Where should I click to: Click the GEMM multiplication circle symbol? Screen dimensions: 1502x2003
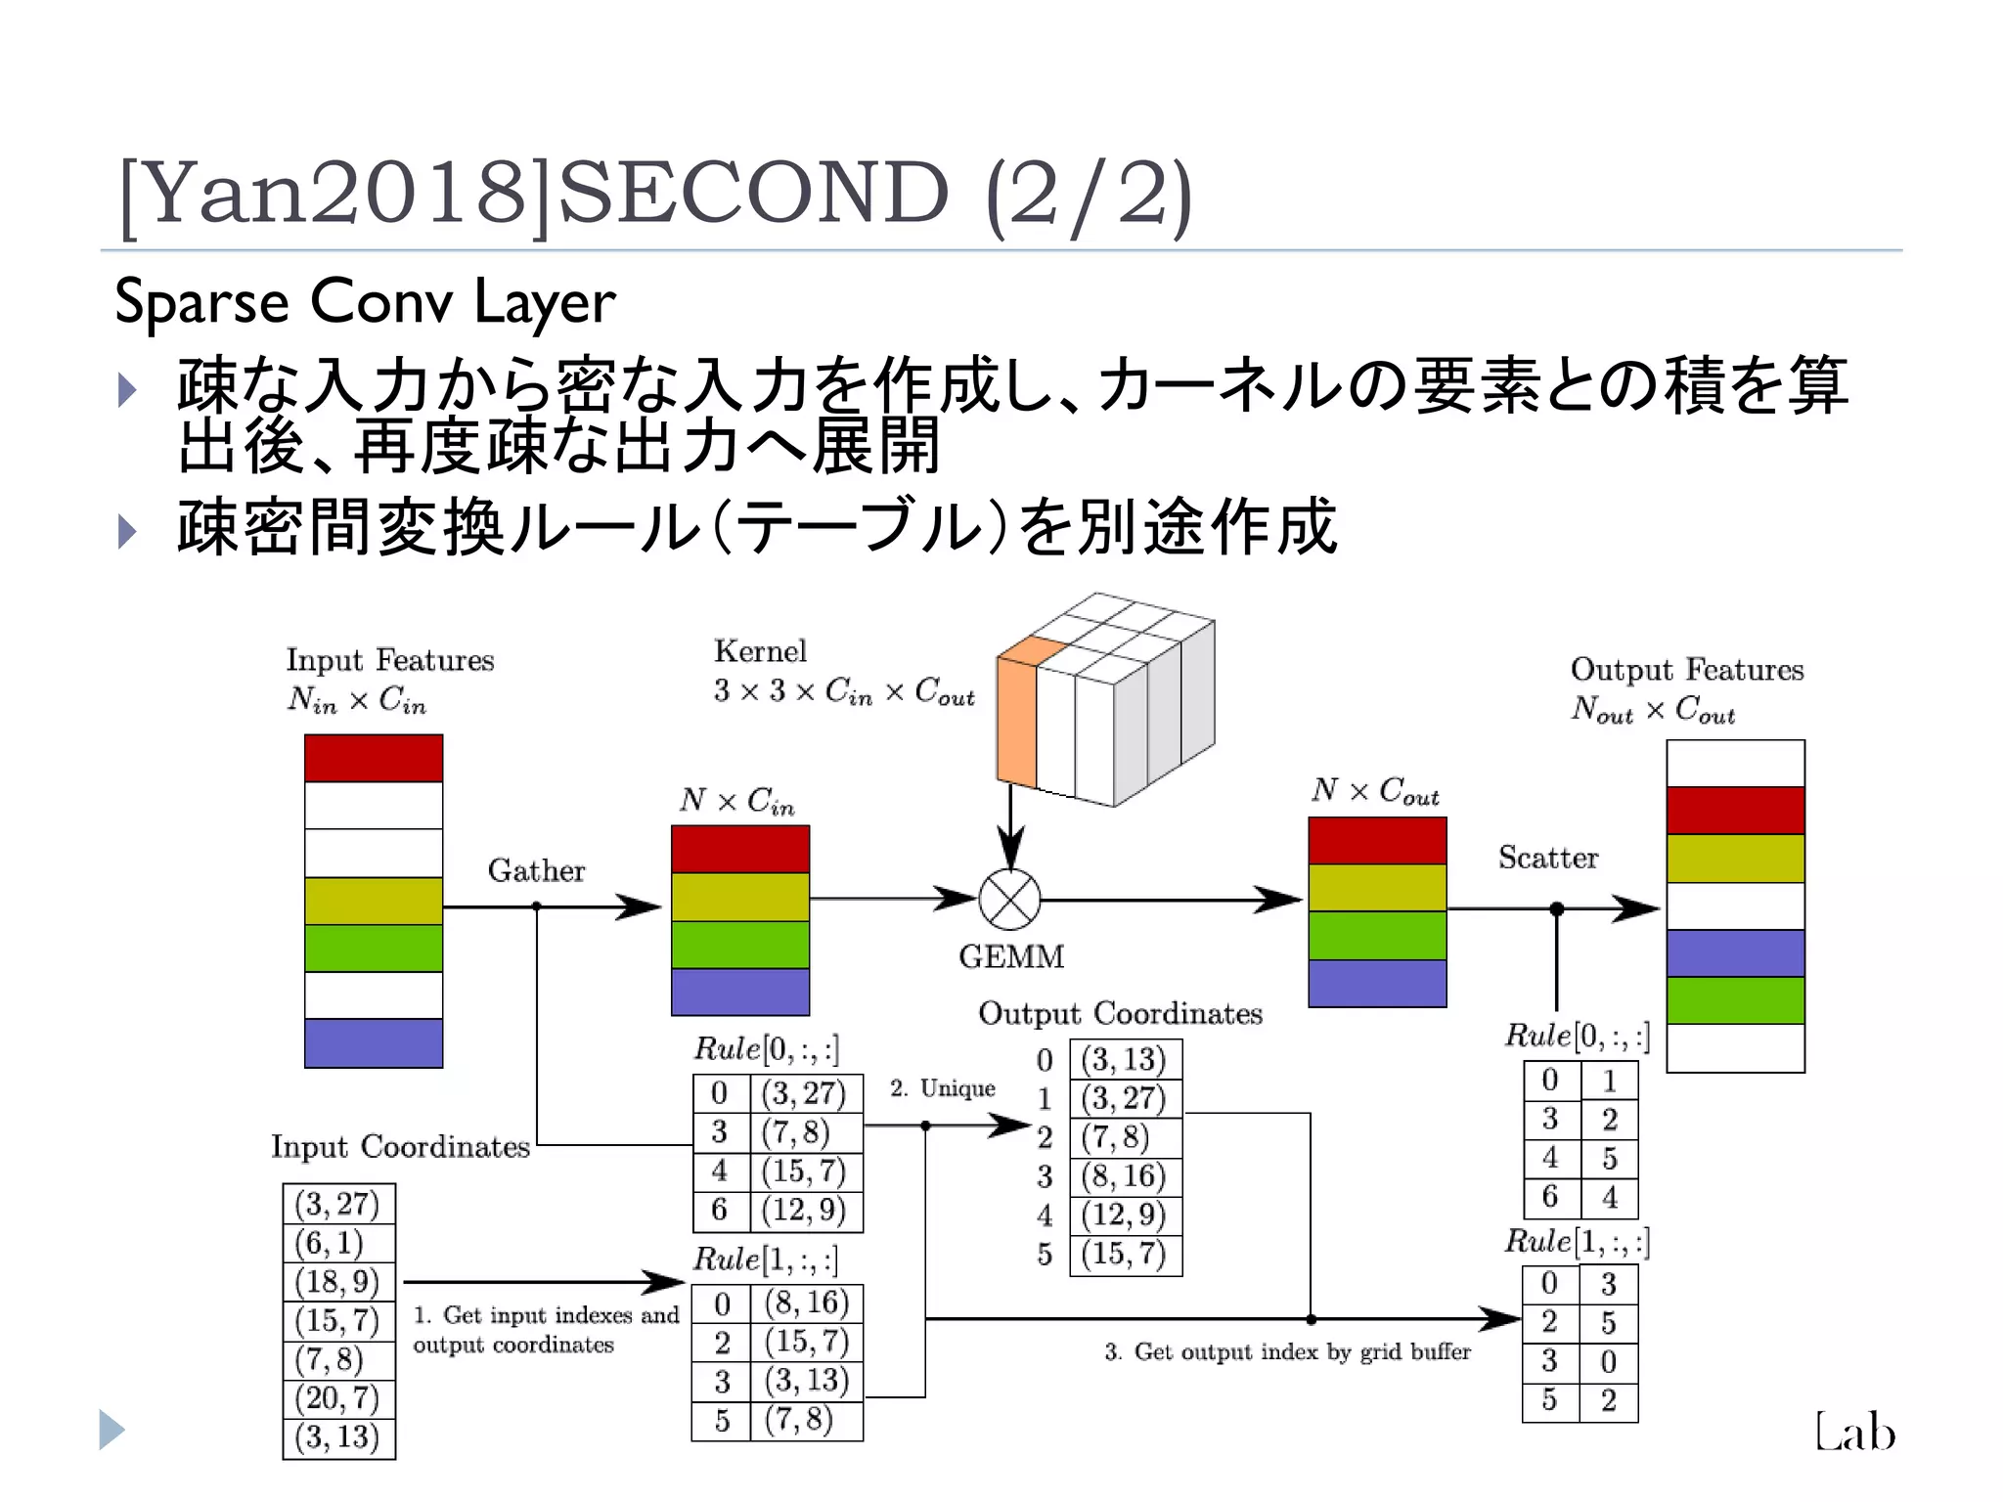click(1009, 900)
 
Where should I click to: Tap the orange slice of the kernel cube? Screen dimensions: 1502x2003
click(1017, 719)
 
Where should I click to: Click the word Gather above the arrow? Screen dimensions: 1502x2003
click(536, 870)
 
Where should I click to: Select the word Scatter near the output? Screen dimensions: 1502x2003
click(1548, 858)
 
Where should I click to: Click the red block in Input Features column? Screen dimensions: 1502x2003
click(373, 758)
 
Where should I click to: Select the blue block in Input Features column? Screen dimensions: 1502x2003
click(373, 1042)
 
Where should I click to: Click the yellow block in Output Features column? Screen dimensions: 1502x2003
click(1735, 858)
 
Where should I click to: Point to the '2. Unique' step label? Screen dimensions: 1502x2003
click(942, 1088)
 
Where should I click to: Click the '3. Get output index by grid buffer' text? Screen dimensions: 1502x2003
click(1287, 1351)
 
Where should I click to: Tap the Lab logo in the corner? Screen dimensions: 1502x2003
click(1854, 1433)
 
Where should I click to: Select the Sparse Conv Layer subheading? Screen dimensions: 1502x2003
click(365, 301)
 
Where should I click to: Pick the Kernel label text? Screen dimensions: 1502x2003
click(760, 651)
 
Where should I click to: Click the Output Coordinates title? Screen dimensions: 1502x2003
click(1120, 1013)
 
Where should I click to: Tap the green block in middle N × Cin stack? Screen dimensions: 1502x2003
click(740, 945)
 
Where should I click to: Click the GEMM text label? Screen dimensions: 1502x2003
click(1011, 956)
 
